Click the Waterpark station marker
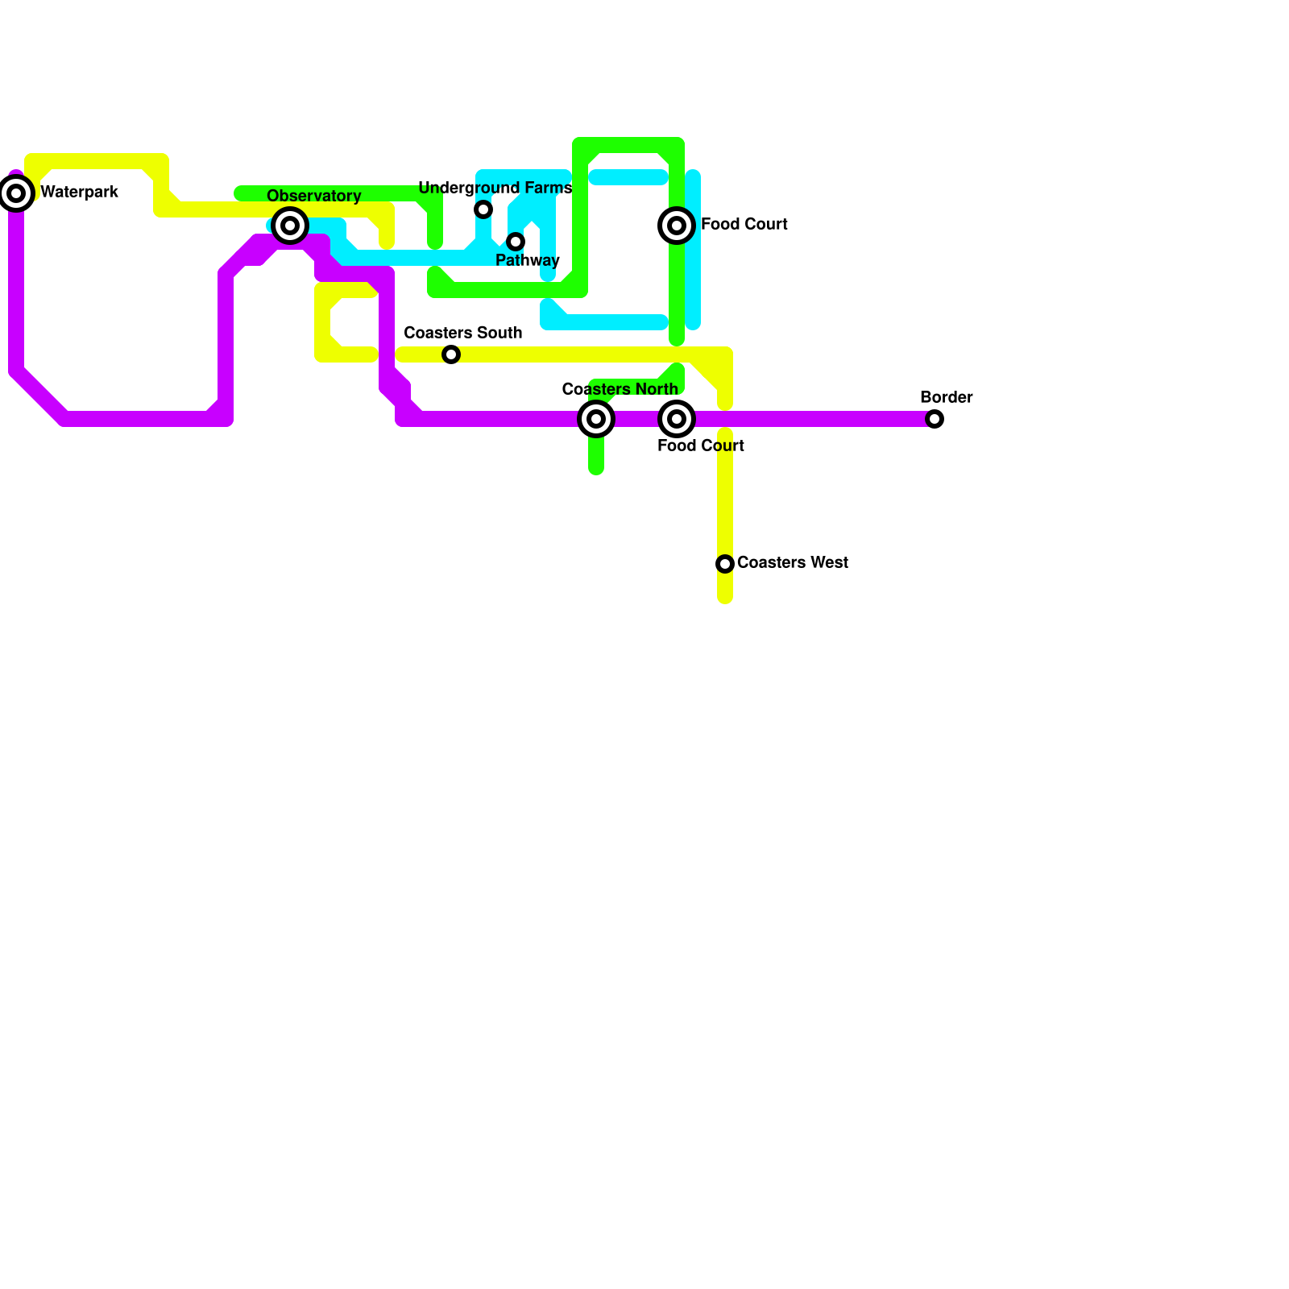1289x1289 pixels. point(16,193)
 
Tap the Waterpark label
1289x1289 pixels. point(79,193)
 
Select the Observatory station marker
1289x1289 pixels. point(290,226)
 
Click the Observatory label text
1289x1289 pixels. point(313,197)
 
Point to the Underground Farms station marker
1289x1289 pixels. point(483,209)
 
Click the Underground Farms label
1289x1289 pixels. point(495,189)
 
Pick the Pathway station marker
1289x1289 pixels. point(516,242)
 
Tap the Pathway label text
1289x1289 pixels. point(527,261)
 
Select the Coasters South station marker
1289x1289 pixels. point(451,354)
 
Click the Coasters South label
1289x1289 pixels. point(462,334)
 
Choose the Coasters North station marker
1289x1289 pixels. point(596,419)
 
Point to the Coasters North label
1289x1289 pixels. point(620,390)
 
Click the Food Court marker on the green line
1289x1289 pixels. point(677,226)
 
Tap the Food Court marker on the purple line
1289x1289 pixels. point(677,419)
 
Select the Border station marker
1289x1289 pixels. point(935,419)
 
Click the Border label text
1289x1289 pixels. point(946,398)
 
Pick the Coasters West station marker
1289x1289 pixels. point(725,564)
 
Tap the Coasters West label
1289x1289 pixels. point(792,563)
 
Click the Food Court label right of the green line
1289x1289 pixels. point(744,225)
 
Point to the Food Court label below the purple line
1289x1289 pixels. point(700,446)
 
